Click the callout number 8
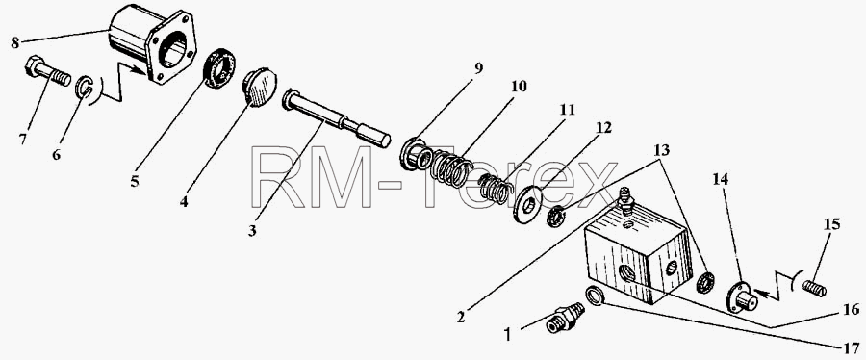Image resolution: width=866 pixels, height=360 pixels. click(14, 42)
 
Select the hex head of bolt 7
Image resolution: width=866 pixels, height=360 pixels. click(36, 65)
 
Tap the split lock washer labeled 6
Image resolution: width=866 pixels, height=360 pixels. click(84, 88)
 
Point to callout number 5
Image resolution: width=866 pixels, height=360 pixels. click(134, 181)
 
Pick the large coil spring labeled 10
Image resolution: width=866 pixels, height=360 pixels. click(451, 167)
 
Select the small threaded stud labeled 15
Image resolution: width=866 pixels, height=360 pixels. click(815, 288)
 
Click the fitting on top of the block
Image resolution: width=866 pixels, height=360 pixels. click(625, 200)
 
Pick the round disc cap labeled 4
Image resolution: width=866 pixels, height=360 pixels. click(258, 86)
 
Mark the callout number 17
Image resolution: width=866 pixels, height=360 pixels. click(850, 348)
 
